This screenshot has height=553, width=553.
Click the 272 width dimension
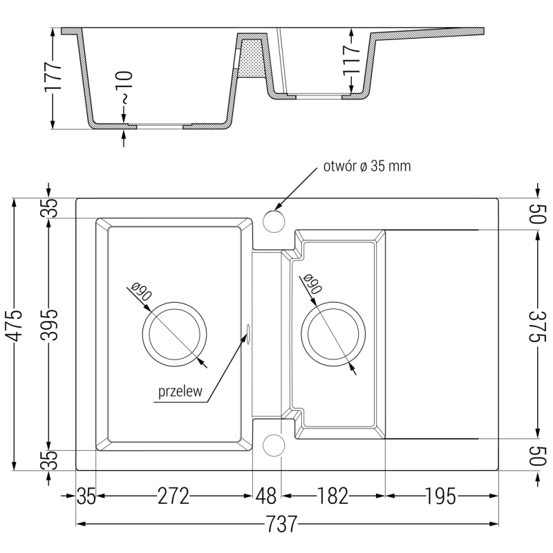tap(173, 496)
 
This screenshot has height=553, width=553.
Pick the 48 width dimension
tap(266, 496)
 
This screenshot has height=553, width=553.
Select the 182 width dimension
tap(333, 496)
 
